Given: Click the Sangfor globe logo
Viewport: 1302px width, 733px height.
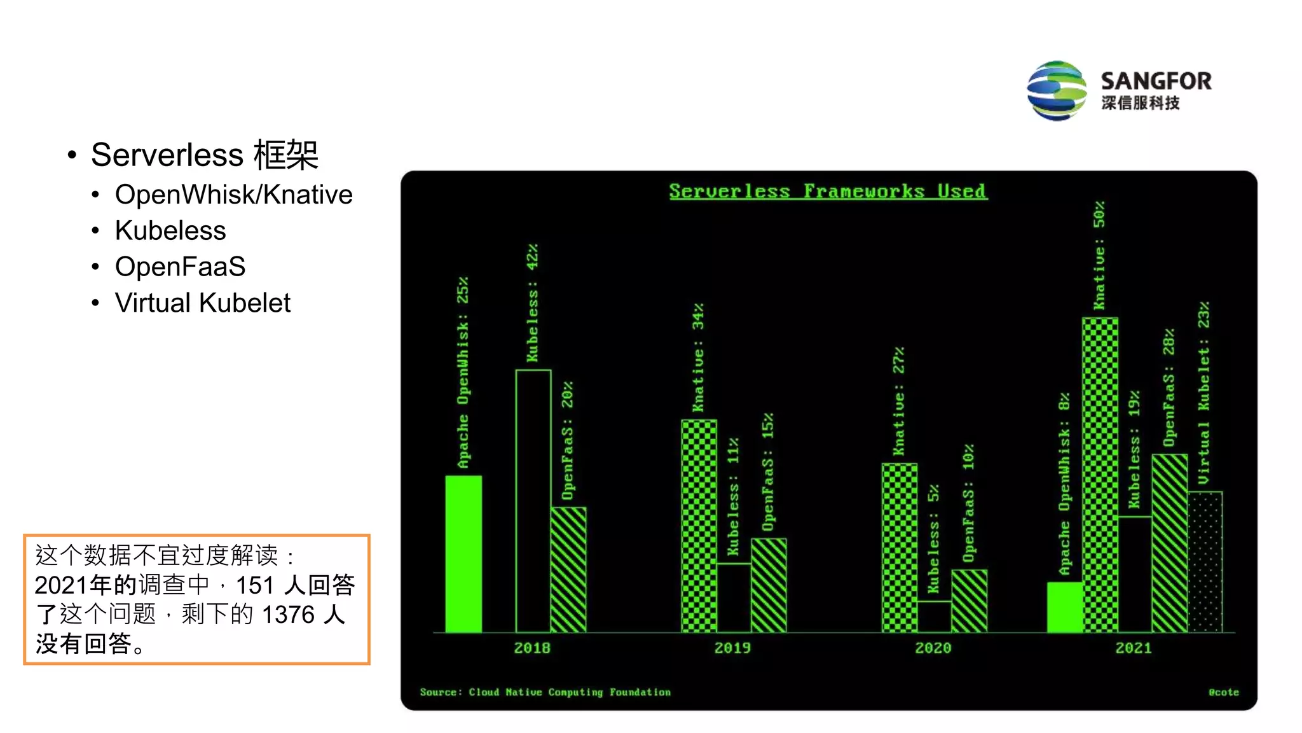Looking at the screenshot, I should [x=1057, y=90].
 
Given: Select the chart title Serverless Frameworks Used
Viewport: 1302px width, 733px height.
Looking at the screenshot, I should [x=828, y=191].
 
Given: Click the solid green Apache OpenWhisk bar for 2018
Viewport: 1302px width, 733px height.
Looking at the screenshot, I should [x=463, y=554].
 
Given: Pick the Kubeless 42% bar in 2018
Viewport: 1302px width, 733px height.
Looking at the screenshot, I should [x=533, y=500].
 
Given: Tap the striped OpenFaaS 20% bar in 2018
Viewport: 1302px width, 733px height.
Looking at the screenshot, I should [x=568, y=569].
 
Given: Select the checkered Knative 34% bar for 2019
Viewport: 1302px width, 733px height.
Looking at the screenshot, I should [x=699, y=526].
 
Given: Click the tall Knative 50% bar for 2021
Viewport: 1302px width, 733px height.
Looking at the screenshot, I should [x=1100, y=475].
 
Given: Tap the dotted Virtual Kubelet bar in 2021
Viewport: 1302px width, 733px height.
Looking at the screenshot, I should [x=1205, y=561].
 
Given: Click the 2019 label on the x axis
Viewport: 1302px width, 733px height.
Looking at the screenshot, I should [x=732, y=648].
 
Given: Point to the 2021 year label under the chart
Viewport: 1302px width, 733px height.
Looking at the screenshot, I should [x=1134, y=648].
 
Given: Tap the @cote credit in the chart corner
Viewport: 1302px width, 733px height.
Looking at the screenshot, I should [x=1223, y=692].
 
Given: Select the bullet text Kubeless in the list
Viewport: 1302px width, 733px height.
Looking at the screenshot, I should [x=170, y=230].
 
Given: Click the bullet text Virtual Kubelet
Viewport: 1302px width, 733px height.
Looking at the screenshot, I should [x=202, y=303].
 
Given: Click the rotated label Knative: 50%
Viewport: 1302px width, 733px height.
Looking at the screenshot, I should [x=1099, y=255].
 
